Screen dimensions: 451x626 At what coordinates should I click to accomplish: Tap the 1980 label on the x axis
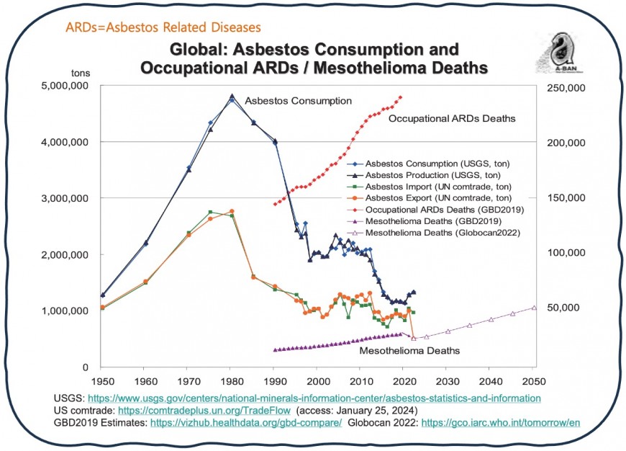[x=231, y=380]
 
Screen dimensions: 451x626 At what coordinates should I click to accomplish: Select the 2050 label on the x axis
[x=534, y=380]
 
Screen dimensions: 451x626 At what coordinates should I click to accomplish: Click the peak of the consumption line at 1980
[x=232, y=97]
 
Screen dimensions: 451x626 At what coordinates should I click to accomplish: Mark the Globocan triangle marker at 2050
[x=534, y=308]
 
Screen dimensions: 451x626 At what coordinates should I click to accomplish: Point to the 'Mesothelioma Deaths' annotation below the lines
[x=409, y=351]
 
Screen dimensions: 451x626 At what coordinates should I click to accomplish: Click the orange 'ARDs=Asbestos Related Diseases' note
[x=163, y=27]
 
